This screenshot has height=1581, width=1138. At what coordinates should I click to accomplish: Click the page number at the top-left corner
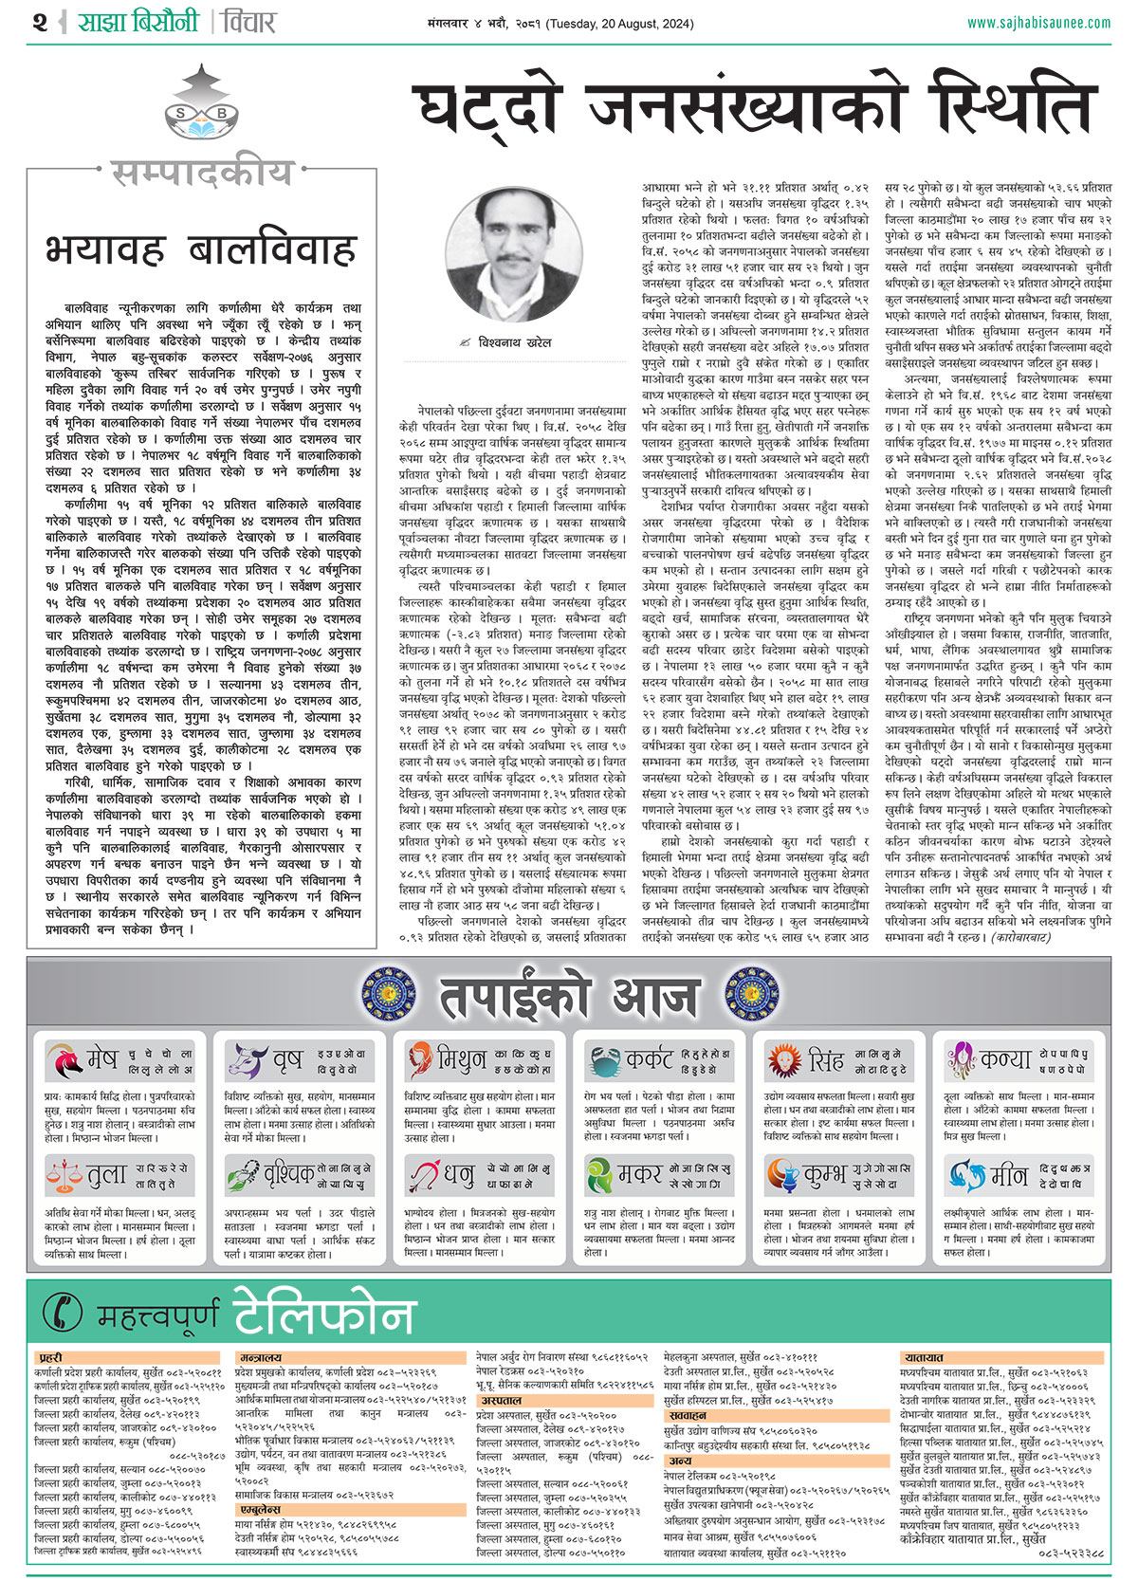click(x=39, y=22)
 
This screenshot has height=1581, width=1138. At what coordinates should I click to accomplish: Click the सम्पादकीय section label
click(x=202, y=173)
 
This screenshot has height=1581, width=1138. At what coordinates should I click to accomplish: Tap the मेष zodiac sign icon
click(x=64, y=1060)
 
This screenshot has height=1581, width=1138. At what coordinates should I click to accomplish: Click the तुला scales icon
click(x=64, y=1176)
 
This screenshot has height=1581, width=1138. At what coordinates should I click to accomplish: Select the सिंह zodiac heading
click(x=825, y=1059)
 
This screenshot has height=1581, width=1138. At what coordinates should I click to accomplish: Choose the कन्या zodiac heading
click(x=1006, y=1058)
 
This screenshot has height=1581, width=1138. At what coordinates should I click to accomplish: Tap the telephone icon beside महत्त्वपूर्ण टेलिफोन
click(x=64, y=1312)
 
